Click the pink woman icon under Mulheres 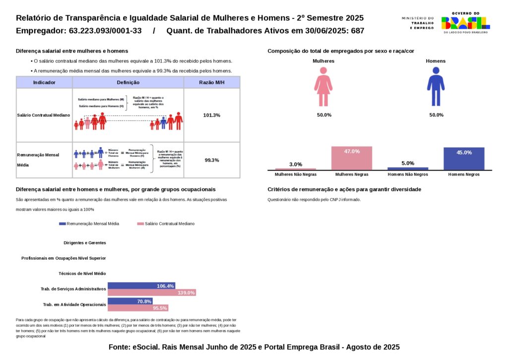click(x=323, y=87)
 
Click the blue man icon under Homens click(x=436, y=87)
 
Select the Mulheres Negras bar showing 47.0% click(x=352, y=158)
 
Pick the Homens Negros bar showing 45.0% click(x=464, y=159)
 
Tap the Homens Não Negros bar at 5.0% click(x=408, y=169)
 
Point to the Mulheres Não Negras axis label click(x=296, y=175)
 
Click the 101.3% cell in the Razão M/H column click(x=212, y=115)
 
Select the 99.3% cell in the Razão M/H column click(x=212, y=160)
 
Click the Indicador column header click(x=44, y=82)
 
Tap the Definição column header click(x=128, y=82)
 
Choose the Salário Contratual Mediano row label click(x=44, y=115)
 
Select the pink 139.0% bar click(x=152, y=293)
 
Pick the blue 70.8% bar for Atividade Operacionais click(x=130, y=301)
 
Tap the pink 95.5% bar click(x=138, y=308)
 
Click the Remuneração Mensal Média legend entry click(x=89, y=224)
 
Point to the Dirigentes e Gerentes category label click(x=85, y=243)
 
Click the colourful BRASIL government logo click(x=465, y=22)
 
